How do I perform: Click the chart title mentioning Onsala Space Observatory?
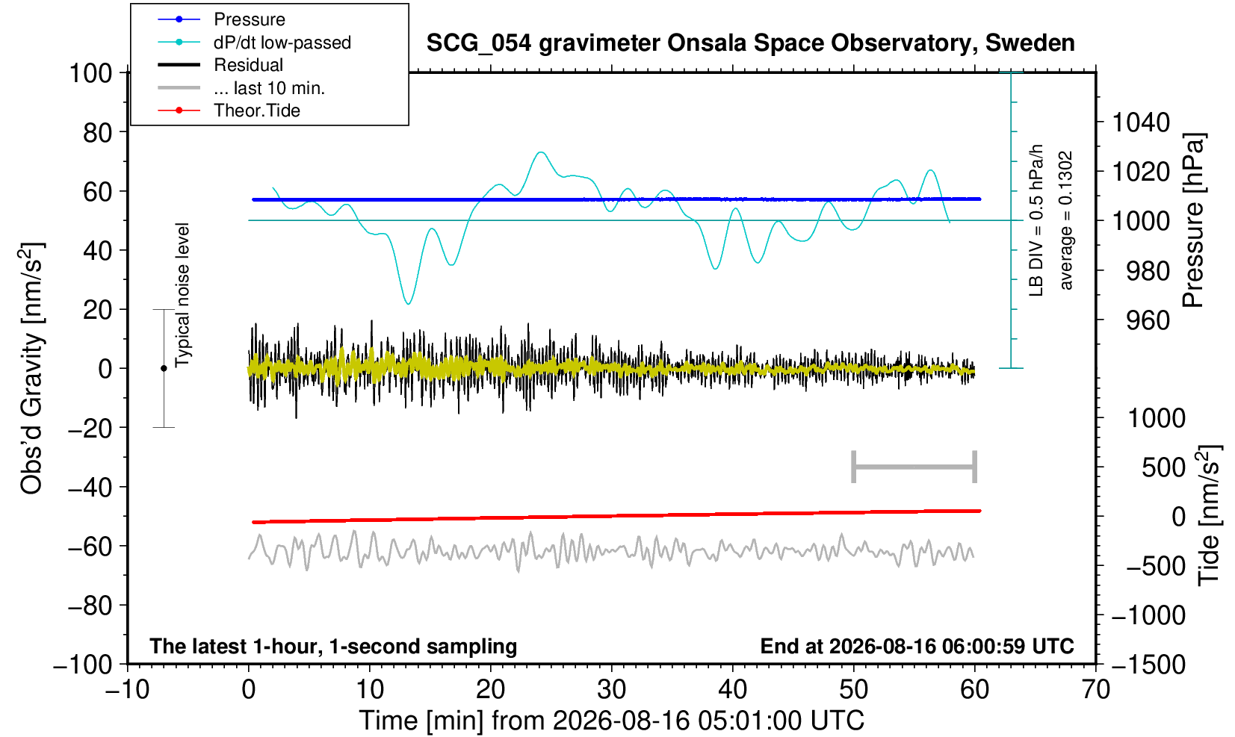pyautogui.click(x=750, y=43)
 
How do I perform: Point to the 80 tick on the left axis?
pyautogui.click(x=98, y=132)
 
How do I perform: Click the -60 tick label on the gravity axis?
pyautogui.click(x=90, y=547)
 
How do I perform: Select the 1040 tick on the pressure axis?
pyautogui.click(x=1141, y=122)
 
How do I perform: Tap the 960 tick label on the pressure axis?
pyautogui.click(x=1148, y=320)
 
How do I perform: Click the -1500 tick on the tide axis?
pyautogui.click(x=1148, y=665)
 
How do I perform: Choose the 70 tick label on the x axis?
pyautogui.click(x=1095, y=690)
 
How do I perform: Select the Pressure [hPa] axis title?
pyautogui.click(x=1194, y=220)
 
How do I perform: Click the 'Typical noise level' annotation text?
pyautogui.click(x=182, y=296)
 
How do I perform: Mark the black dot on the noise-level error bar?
pyautogui.click(x=164, y=368)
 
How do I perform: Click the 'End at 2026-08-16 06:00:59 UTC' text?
pyautogui.click(x=917, y=646)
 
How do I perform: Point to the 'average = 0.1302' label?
pyautogui.click(x=1066, y=220)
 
